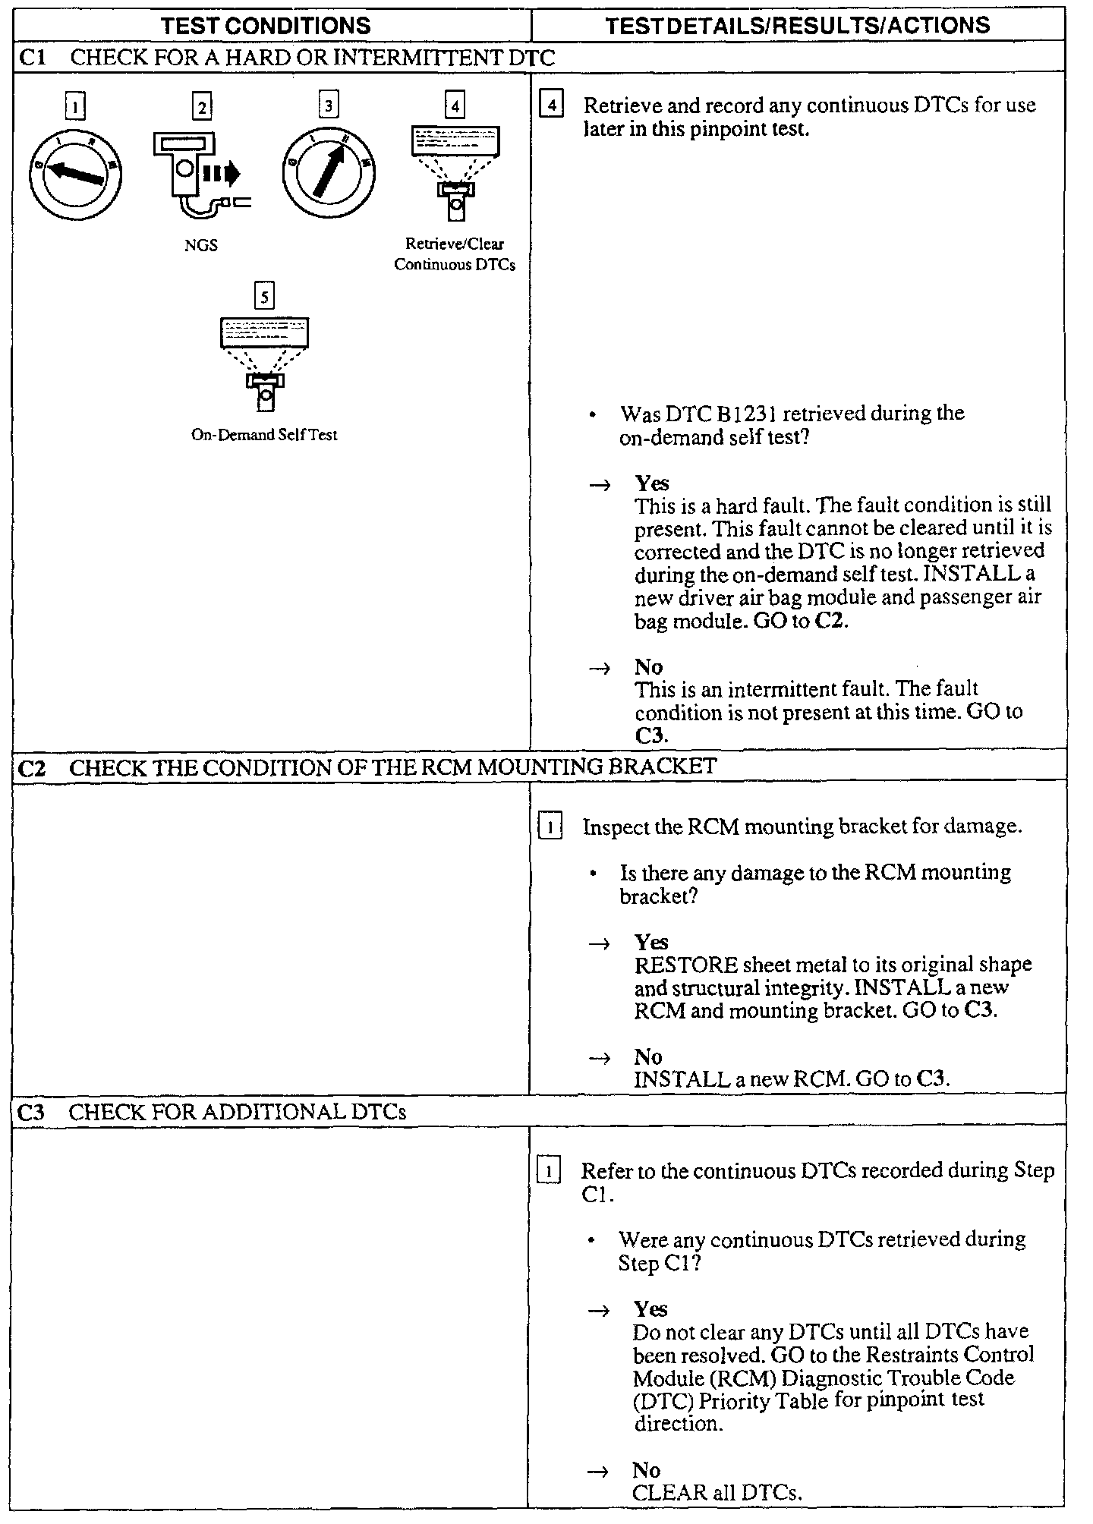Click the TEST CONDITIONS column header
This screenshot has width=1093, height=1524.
click(266, 25)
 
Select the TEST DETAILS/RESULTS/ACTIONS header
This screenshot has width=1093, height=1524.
click(797, 25)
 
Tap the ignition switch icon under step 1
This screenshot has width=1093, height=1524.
click(75, 176)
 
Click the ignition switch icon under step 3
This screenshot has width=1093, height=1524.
click(329, 176)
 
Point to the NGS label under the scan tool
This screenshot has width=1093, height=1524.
click(201, 245)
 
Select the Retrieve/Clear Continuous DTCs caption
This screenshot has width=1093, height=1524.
click(455, 254)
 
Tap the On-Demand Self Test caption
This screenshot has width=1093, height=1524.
click(264, 436)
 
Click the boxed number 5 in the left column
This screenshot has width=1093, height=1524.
click(264, 296)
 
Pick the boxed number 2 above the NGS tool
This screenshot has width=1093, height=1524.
click(201, 107)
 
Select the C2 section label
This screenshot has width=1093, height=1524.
click(32, 768)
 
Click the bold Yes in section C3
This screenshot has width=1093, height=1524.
click(650, 1309)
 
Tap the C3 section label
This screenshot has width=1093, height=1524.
click(31, 1113)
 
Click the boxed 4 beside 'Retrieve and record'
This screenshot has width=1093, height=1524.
click(550, 105)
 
